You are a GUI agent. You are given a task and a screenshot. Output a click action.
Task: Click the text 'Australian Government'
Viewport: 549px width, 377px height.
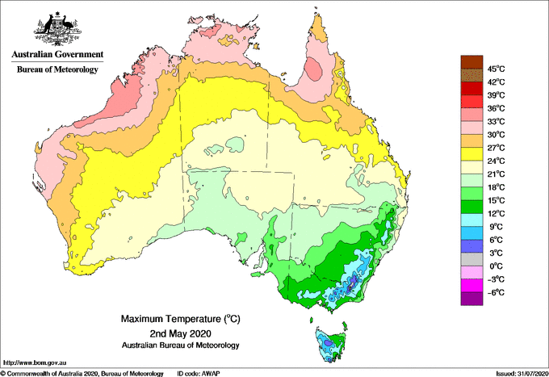click(57, 56)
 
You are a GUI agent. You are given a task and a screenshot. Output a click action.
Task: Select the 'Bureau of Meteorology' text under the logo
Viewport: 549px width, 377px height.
click(57, 70)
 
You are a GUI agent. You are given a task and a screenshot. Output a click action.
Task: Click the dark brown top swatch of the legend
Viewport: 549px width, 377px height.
click(470, 62)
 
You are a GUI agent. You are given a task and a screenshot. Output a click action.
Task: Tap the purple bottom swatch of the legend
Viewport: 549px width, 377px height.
click(470, 299)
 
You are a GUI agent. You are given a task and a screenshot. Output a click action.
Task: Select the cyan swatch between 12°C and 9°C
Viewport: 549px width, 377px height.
click(470, 220)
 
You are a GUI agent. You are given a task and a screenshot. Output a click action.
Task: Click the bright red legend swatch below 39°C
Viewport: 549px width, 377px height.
click(470, 102)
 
